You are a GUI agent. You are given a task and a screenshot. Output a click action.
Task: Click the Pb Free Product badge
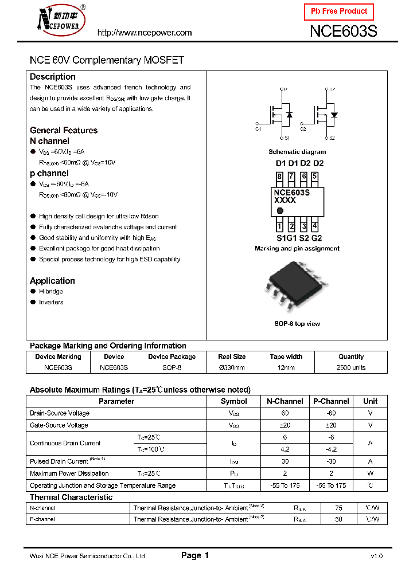(338, 11)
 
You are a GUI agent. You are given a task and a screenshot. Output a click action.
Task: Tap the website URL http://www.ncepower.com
(145, 33)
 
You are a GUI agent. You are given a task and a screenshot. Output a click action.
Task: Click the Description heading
(53, 77)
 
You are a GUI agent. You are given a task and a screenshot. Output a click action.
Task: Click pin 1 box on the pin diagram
(279, 226)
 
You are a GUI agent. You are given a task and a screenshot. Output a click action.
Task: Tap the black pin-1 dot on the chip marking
(279, 211)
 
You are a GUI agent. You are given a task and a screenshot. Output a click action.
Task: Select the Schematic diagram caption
(297, 152)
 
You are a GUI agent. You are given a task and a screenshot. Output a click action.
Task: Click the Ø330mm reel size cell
(232, 367)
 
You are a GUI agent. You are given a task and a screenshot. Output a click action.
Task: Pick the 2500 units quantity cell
(351, 367)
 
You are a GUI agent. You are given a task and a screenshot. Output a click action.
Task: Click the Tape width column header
(286, 356)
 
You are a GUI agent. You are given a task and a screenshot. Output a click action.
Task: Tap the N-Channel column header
(285, 401)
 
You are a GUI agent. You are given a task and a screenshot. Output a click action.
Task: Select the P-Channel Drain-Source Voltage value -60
(330, 413)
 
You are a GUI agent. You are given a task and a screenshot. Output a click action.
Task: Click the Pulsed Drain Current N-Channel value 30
(285, 461)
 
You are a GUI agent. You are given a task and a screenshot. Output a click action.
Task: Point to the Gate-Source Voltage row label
(59, 425)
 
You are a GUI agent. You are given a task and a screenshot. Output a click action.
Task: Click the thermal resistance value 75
(338, 508)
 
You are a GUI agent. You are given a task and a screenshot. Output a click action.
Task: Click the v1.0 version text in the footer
(376, 556)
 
